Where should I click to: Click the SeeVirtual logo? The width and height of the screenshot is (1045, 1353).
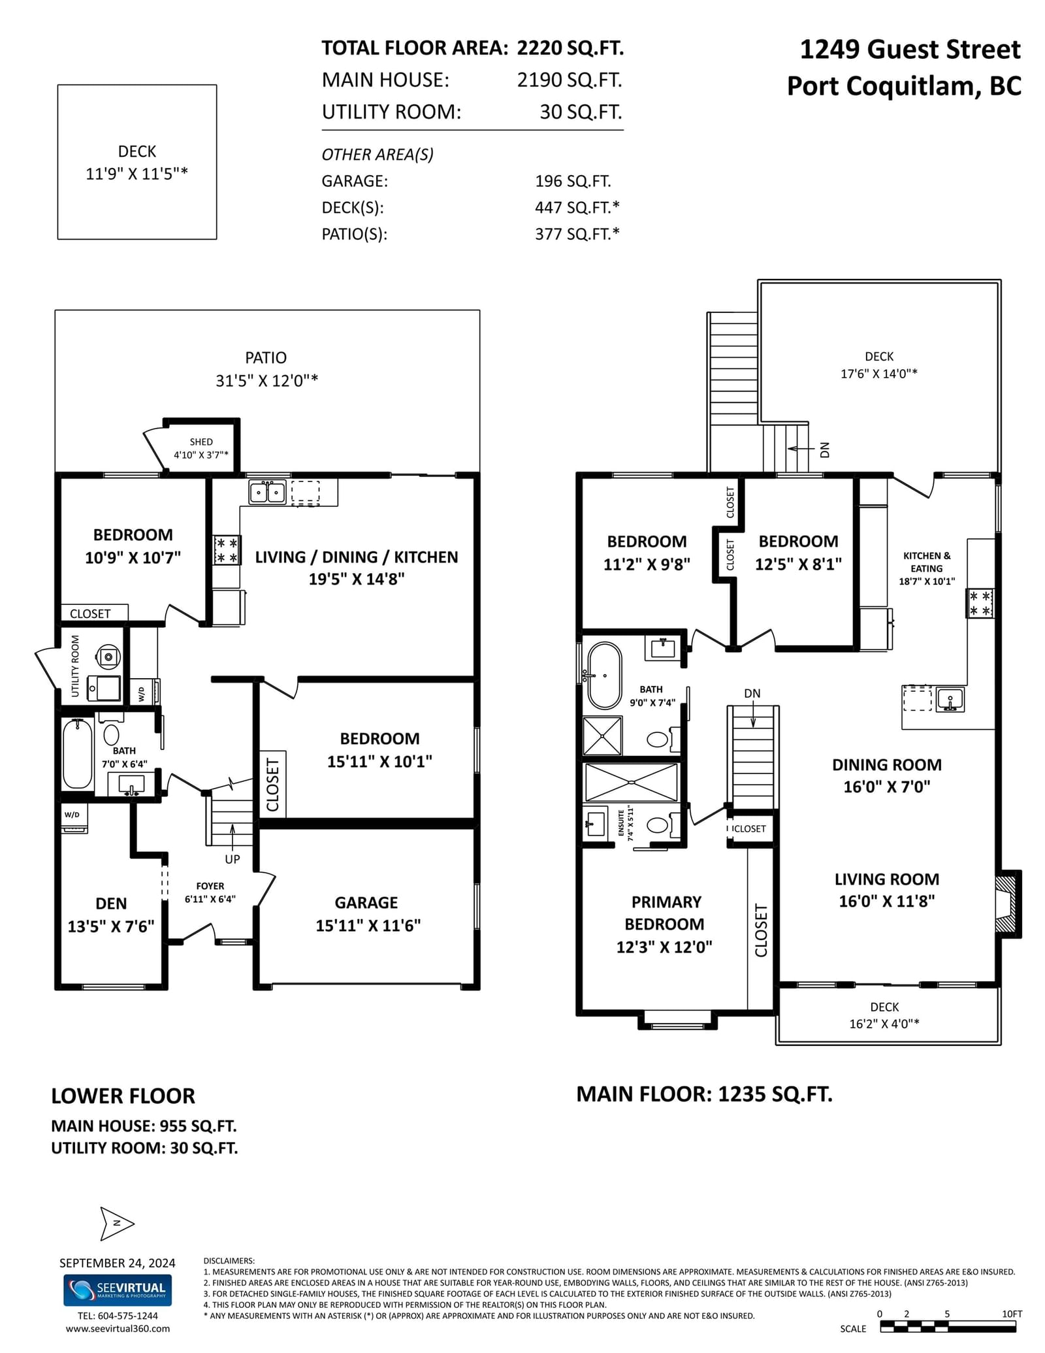(x=118, y=1290)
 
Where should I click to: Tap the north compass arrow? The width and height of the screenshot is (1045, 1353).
(x=117, y=1223)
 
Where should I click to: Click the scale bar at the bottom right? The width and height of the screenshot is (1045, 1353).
(x=948, y=1326)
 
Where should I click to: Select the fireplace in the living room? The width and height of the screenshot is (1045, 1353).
(x=1008, y=904)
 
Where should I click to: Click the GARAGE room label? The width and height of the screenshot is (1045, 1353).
(x=366, y=902)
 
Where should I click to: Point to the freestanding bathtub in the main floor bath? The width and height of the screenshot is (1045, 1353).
(x=604, y=676)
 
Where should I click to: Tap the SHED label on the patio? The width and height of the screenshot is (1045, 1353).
(x=201, y=442)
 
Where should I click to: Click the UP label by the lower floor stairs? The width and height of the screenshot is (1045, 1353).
(x=233, y=859)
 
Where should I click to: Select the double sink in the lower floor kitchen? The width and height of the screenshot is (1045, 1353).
(x=267, y=492)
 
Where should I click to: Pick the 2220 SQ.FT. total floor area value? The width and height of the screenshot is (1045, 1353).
(x=570, y=48)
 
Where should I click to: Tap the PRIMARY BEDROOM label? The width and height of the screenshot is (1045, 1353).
(x=664, y=913)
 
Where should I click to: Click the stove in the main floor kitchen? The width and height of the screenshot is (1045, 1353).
(x=980, y=603)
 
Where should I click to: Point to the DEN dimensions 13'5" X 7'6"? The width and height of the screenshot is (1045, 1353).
(x=111, y=926)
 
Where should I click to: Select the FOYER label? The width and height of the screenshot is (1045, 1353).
(x=210, y=886)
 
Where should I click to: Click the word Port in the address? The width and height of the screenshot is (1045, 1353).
(x=814, y=86)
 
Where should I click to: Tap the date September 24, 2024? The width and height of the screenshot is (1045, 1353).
(x=118, y=1263)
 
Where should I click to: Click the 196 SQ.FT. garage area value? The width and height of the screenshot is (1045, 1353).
(x=573, y=181)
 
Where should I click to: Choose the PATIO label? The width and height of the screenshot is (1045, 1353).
(x=266, y=357)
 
